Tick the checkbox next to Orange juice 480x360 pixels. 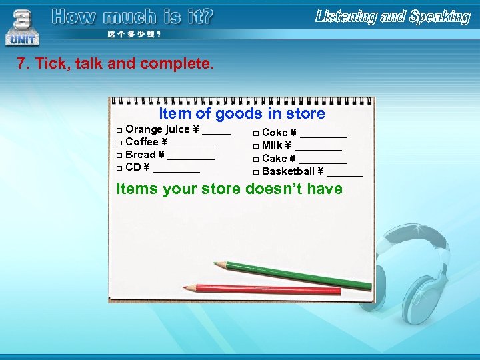pos(119,130)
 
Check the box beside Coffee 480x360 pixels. pos(119,143)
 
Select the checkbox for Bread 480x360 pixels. pos(119,155)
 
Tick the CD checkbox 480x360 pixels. pos(119,168)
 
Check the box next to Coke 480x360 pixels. pos(256,133)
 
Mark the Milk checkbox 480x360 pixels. pos(256,146)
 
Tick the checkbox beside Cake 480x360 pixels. pos(256,159)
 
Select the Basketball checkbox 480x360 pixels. pos(256,172)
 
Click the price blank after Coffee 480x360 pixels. pos(194,143)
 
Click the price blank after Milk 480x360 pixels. pos(318,147)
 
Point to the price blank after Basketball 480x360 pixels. pos(345,173)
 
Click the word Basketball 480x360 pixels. pos(288,171)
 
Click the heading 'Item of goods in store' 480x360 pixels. pos(242,114)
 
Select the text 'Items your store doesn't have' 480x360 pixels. pos(229,189)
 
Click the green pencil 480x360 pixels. pos(293,274)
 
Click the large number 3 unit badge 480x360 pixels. pos(22,25)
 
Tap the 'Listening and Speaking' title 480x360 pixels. pos(393,17)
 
